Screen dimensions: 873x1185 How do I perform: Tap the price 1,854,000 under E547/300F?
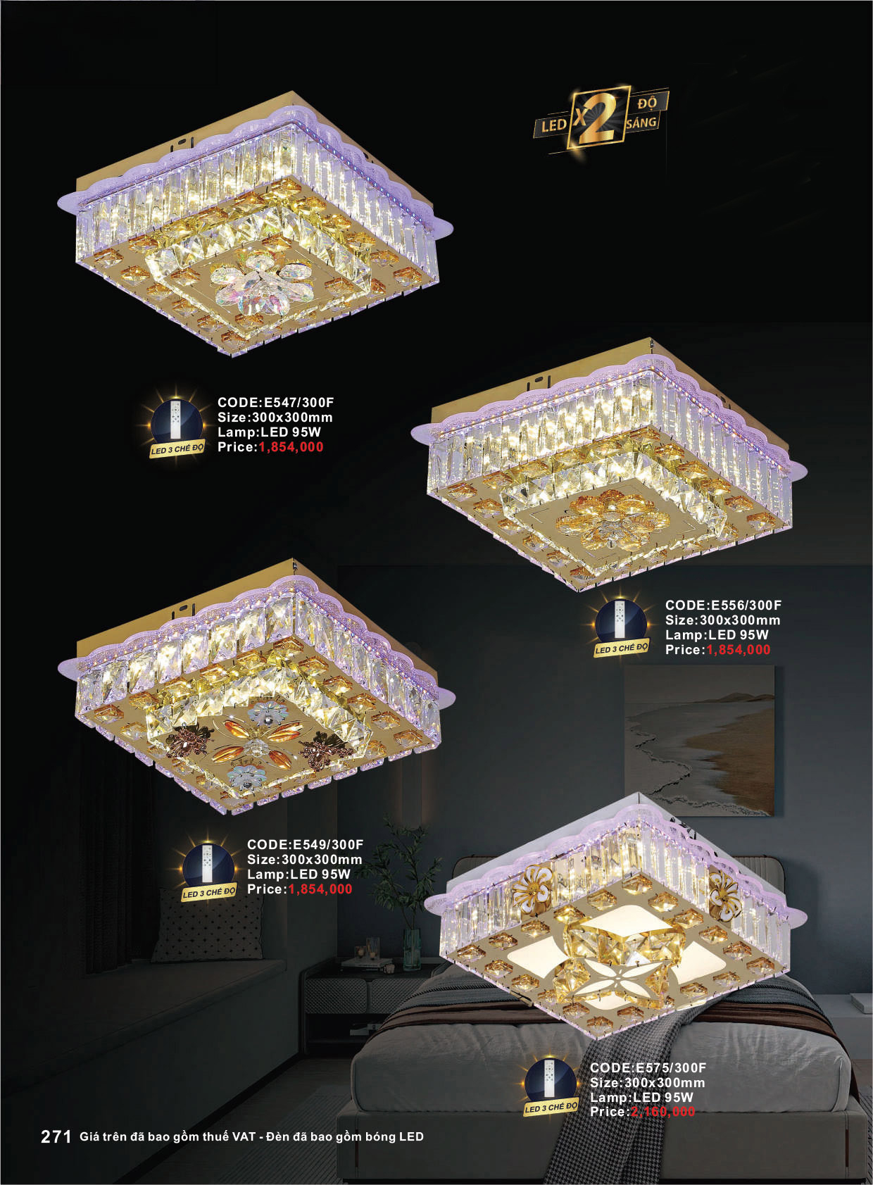click(291, 447)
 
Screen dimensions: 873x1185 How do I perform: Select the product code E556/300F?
click(746, 606)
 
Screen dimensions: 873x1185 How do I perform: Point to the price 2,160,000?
click(662, 1112)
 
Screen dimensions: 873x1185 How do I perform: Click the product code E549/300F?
click(329, 844)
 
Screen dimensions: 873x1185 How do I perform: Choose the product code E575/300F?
click(671, 1067)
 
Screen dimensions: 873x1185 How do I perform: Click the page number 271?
click(56, 1136)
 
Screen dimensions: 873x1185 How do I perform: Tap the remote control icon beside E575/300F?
click(551, 1082)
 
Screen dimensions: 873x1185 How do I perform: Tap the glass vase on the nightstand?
click(412, 950)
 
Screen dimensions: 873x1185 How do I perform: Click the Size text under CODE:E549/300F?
click(305, 859)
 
